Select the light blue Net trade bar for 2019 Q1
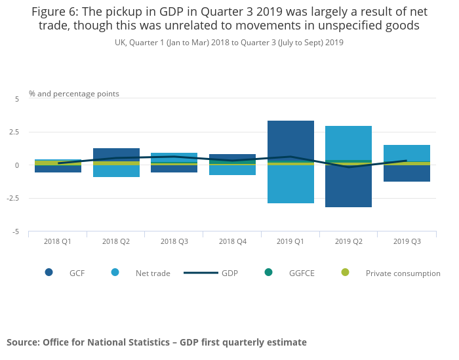290,185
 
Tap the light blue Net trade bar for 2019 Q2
348,142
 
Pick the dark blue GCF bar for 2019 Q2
348,187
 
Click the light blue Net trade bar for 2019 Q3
407,153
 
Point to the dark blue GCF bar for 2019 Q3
407,174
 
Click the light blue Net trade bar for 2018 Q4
232,170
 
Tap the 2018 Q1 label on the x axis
58,242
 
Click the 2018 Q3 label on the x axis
174,242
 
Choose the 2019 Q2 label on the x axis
348,242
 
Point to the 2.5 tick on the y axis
14,132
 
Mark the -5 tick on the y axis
16,232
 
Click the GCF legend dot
49,272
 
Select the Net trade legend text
152,273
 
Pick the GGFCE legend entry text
302,273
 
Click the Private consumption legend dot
345,272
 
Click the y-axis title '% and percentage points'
74,94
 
